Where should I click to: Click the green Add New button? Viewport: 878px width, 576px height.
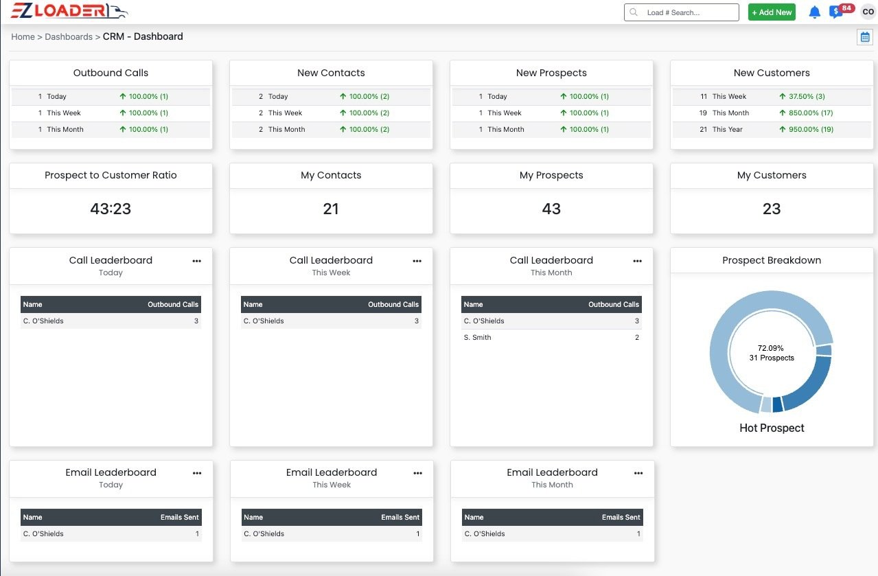click(772, 12)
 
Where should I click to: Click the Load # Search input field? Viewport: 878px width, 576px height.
click(681, 12)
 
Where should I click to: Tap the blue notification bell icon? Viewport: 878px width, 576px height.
click(815, 12)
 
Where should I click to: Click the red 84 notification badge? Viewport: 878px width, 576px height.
click(846, 8)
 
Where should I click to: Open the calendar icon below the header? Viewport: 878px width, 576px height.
click(865, 37)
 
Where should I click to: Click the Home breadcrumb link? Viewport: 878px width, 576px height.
click(23, 36)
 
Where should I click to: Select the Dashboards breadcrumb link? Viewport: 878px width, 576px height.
click(69, 36)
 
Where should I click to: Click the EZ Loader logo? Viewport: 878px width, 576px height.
click(69, 10)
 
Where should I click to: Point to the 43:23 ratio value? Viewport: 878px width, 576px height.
click(111, 209)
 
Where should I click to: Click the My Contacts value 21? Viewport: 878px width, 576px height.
click(331, 209)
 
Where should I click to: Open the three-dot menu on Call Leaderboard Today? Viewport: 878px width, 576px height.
click(197, 261)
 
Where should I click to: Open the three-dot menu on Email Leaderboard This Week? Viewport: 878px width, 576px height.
click(418, 473)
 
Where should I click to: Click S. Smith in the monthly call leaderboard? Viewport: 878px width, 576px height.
click(477, 337)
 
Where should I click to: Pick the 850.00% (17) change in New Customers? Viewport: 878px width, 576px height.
click(811, 113)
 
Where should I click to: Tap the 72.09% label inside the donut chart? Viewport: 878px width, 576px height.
click(771, 348)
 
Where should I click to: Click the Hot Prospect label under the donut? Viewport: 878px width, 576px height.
click(772, 428)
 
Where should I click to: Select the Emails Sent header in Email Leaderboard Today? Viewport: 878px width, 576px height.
click(180, 517)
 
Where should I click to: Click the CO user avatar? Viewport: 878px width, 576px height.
click(868, 12)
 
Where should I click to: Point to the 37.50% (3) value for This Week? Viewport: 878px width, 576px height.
click(807, 96)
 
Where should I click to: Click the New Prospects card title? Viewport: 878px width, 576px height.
click(551, 73)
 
